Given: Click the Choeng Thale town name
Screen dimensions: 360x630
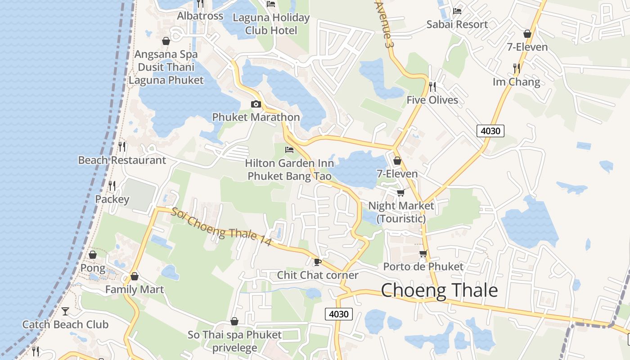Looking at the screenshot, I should point(439,291).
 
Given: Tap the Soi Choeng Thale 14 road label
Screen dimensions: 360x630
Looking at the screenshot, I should point(221,226).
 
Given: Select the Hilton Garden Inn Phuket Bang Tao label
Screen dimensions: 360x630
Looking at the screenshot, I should point(290,169).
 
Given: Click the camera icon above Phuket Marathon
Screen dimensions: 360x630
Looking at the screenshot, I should point(256,104).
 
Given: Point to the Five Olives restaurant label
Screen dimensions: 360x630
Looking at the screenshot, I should point(432,100).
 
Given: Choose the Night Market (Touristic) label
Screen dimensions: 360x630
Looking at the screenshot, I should point(401,212).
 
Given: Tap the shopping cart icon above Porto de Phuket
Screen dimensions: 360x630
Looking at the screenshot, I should point(423,254).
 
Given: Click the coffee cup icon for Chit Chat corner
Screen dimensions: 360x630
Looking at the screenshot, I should point(317,262).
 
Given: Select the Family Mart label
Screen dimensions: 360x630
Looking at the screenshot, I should point(135,289).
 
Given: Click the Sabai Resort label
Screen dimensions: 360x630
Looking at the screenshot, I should point(457,24).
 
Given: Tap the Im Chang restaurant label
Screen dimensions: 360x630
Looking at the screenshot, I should point(516,82).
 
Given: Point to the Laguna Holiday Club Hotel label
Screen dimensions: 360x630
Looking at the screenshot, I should point(271,24).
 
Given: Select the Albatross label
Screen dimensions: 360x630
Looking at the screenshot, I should point(200,16).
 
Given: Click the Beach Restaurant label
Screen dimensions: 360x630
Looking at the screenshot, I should point(122,160).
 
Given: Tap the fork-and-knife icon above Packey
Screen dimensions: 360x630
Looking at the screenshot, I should point(112,185).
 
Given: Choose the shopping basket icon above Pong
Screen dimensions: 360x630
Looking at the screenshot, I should point(93,255).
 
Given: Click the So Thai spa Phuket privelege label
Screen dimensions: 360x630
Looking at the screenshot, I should point(234,341).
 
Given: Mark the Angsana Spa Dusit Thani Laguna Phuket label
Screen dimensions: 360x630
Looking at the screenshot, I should point(166,67).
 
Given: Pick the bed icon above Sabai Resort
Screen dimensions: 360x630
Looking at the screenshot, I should point(457,11).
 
